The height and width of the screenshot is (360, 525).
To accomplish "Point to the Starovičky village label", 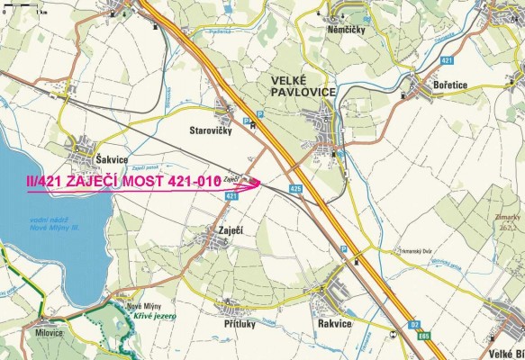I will coord(212,131).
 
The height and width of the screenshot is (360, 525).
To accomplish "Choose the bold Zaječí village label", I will coord(231,230).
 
